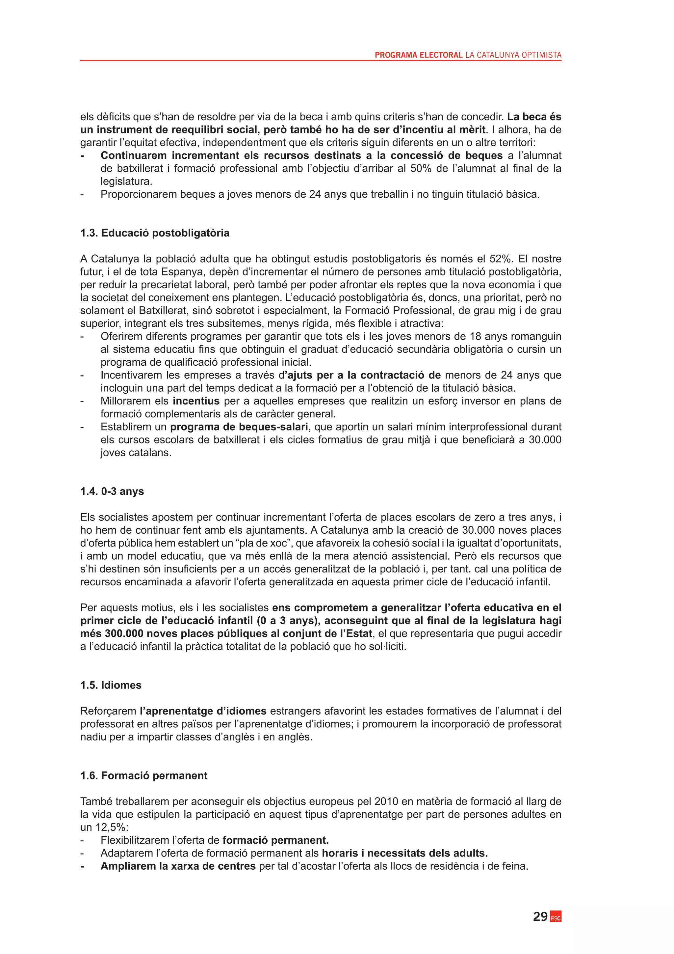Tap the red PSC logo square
coord(556,917)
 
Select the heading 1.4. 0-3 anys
coord(112,491)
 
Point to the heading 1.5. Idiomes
coord(111,685)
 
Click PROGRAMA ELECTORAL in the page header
coord(418,55)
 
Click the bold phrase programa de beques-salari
coord(239,427)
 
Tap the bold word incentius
coord(196,401)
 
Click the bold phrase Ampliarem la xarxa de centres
coord(178,866)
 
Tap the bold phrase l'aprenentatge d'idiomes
coord(203,711)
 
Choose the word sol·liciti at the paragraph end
coord(388,647)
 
